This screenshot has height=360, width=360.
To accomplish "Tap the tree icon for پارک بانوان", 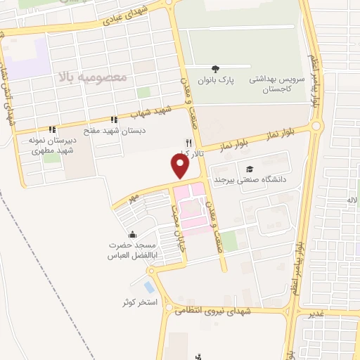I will coord(214,68).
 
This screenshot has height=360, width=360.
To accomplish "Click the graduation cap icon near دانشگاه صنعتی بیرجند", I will coord(250,169).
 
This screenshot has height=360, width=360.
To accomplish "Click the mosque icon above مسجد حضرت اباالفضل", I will coord(131,235).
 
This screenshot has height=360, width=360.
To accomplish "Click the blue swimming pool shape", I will coord(148,287).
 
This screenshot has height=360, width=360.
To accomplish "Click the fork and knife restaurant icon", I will coord(188,142).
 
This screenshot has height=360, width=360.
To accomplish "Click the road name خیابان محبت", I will coord(179,229).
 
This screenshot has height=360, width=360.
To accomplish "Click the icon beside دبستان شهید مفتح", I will coord(115,120).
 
